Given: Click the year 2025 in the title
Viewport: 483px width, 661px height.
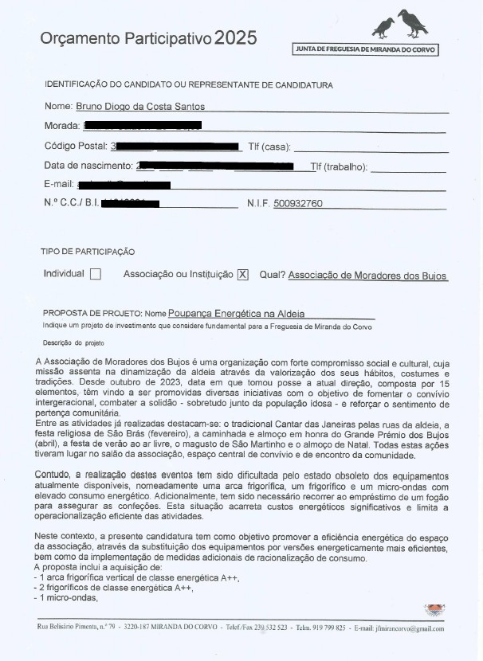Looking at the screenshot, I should pos(236,37).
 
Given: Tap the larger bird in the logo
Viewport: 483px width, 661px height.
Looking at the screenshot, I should pos(413,22).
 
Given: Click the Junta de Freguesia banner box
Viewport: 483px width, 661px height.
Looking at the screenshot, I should pos(366,49).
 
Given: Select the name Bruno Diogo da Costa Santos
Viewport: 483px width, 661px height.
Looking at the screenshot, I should pos(141,106).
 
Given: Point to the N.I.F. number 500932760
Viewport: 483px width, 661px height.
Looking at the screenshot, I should pos(297,204).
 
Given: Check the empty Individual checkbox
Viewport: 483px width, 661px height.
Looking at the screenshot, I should pos(96,274).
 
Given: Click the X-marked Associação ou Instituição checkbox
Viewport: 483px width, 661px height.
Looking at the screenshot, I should pos(243,274).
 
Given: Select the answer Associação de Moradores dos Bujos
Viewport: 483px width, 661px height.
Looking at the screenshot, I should pos(367,275).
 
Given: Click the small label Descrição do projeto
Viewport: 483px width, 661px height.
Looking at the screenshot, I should pos(73,342).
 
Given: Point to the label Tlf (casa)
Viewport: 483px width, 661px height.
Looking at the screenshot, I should pos(269,147).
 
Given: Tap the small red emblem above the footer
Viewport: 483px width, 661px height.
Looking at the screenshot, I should pos(434,610).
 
